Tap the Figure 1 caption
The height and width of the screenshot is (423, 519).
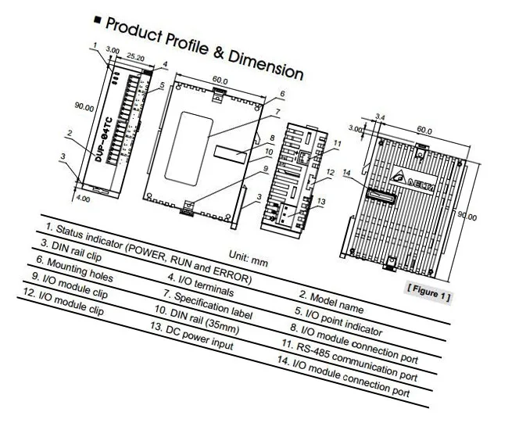[x=428, y=294]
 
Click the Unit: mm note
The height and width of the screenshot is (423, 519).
[x=248, y=259]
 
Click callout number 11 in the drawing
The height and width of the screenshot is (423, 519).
[x=337, y=144]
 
